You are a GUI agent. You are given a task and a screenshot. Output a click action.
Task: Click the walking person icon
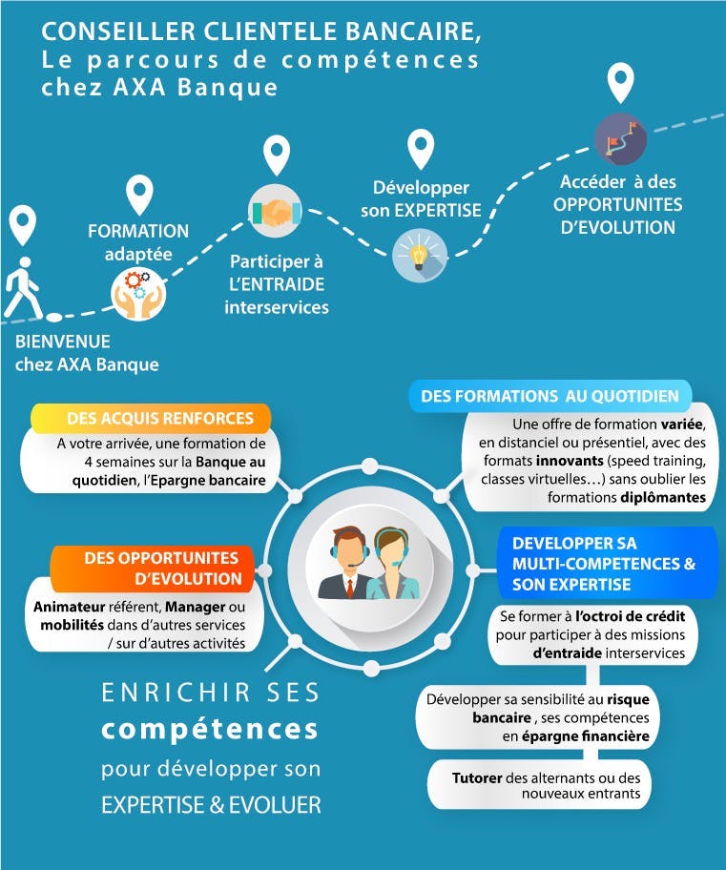[22, 287]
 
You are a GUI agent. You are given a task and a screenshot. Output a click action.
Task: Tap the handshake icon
[275, 212]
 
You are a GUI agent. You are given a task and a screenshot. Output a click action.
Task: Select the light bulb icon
[420, 256]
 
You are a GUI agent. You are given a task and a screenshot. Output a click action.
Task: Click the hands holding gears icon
[138, 294]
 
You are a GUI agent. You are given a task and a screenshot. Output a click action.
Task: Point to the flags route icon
[620, 138]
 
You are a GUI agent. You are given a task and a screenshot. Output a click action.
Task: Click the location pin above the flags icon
[620, 83]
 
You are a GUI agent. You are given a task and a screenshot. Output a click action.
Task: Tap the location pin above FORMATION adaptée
[139, 196]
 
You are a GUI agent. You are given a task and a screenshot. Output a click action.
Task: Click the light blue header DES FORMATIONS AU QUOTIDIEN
[550, 396]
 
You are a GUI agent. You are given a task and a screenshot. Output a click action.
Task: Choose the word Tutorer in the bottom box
[477, 777]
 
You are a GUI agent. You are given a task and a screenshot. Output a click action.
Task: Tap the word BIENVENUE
[63, 342]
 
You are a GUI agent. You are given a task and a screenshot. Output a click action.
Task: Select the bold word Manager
[196, 607]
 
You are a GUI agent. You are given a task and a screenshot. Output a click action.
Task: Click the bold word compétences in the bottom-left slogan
[210, 730]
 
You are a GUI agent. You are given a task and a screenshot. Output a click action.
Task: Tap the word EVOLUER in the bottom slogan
[275, 804]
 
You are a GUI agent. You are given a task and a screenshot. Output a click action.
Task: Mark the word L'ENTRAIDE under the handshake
[277, 284]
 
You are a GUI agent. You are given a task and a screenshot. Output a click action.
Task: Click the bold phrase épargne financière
[586, 736]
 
